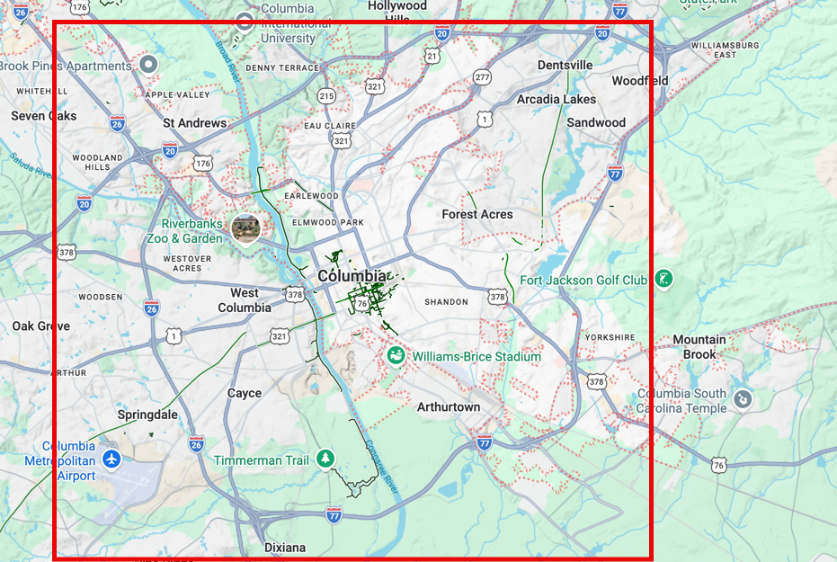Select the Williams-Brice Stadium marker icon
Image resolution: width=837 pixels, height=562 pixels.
(396, 357)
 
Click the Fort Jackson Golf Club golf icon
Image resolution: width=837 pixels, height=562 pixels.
(663, 280)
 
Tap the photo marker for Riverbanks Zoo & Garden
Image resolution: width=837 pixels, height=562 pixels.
(245, 228)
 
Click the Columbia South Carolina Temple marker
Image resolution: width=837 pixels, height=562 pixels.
(743, 399)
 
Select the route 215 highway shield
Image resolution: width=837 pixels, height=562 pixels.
(326, 95)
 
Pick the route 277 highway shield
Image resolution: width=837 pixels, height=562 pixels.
(483, 77)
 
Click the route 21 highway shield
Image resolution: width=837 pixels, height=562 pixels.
(433, 57)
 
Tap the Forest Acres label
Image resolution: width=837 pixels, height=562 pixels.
(477, 215)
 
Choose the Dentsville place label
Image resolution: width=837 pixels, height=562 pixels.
(565, 65)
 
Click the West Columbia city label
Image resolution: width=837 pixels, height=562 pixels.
(245, 300)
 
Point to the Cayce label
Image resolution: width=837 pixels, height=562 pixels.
(245, 393)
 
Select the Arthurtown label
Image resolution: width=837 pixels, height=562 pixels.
(449, 407)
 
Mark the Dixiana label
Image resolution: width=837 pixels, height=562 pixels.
(285, 548)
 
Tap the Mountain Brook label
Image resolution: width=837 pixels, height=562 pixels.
(699, 347)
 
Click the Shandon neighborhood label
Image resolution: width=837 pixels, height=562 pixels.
(446, 302)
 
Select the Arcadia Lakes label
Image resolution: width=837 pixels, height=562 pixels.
(557, 99)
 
